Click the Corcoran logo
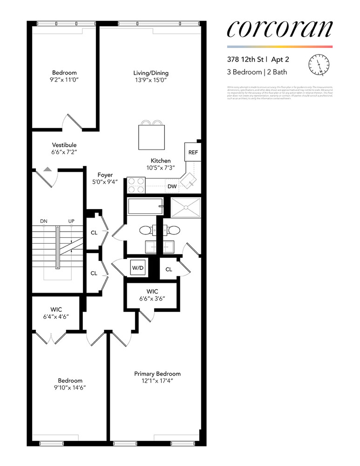[x=279, y=29]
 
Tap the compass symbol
[x=319, y=65]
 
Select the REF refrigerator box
[x=192, y=152]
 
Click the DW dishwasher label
[x=173, y=186]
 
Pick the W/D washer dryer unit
[x=137, y=268]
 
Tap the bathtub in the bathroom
[x=145, y=206]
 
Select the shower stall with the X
[x=186, y=206]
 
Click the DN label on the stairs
[x=44, y=221]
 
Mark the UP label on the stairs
[x=72, y=221]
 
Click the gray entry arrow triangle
[x=48, y=170]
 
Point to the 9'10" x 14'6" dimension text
[x=70, y=387]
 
